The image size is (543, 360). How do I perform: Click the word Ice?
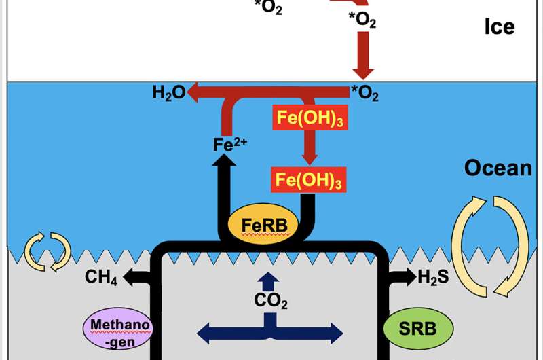point(499,27)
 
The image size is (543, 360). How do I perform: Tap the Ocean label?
point(498,167)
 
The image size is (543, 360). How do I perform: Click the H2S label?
point(433,277)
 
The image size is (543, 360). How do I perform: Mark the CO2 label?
point(270,300)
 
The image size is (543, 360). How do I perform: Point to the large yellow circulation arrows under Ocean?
point(489,246)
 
